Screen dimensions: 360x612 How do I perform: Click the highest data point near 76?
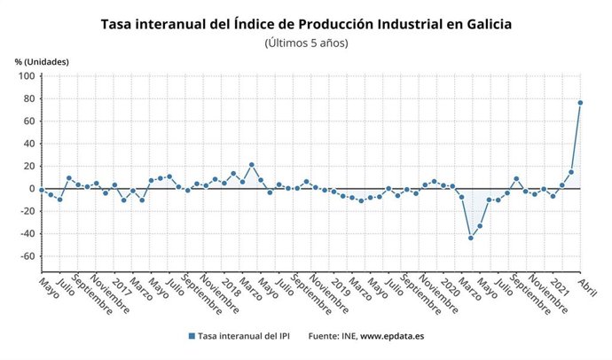580,103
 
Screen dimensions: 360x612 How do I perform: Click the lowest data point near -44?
470,238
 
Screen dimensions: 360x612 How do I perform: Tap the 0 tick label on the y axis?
30,189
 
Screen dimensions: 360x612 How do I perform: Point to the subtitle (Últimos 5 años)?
306,43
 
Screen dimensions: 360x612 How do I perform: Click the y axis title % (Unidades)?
42,61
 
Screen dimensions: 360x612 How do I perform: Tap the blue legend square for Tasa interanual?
191,336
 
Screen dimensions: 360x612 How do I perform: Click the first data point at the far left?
41,190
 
